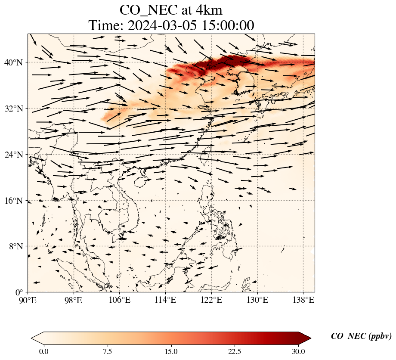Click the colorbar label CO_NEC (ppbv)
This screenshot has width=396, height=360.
(361, 337)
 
